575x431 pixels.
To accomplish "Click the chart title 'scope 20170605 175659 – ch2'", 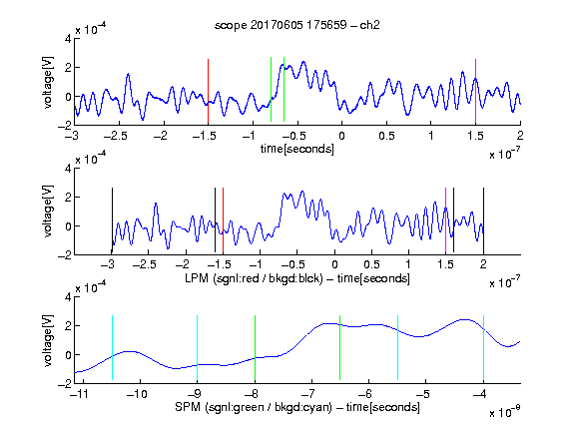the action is pyautogui.click(x=297, y=25).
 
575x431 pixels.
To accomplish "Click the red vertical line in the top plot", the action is pyautogui.click(x=208, y=91).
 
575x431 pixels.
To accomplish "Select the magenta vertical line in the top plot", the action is pyautogui.click(x=475, y=91).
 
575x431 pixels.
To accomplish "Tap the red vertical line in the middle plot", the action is pyautogui.click(x=223, y=220).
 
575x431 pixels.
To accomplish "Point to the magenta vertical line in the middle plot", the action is pyautogui.click(x=445, y=220).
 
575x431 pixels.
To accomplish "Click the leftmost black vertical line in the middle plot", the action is pyautogui.click(x=112, y=220).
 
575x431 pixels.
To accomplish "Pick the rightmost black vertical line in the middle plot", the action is pyautogui.click(x=483, y=220).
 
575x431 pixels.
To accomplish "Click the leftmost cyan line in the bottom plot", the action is pyautogui.click(x=112, y=347).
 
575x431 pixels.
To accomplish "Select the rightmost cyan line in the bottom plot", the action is pyautogui.click(x=483, y=347).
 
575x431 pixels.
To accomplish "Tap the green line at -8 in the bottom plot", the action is pyautogui.click(x=255, y=347).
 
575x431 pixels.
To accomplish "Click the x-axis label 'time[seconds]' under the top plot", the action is pyautogui.click(x=297, y=150).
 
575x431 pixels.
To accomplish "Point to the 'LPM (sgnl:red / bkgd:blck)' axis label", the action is pyautogui.click(x=254, y=278).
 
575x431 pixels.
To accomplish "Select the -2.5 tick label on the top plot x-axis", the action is pyautogui.click(x=115, y=137).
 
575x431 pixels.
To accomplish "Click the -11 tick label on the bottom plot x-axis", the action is pyautogui.click(x=81, y=394).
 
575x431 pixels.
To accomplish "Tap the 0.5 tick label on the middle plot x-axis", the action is pyautogui.click(x=371, y=264).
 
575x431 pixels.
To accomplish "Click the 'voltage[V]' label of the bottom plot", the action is pyautogui.click(x=48, y=340).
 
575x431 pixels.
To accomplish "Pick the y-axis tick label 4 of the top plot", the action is pyautogui.click(x=68, y=39).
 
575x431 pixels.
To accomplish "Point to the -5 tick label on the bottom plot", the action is pyautogui.click(x=423, y=394).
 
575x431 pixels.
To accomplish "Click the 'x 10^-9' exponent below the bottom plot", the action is pyautogui.click(x=504, y=412).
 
